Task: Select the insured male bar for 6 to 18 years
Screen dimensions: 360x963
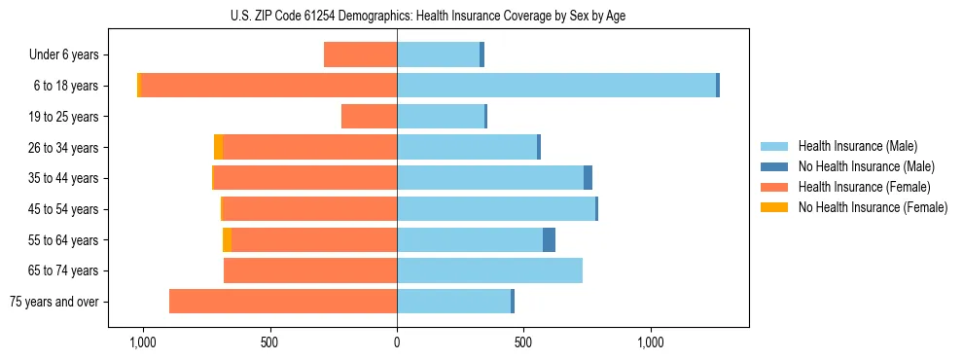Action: pos(556,86)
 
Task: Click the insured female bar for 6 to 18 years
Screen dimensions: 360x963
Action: pos(269,86)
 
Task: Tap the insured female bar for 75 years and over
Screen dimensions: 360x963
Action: pos(283,302)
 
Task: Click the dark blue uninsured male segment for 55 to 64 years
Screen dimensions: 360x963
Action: pos(549,240)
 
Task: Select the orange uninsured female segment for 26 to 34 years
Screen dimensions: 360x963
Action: pos(218,147)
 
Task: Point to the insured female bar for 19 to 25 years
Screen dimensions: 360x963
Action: pos(369,117)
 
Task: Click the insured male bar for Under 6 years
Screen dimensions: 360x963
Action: pos(438,54)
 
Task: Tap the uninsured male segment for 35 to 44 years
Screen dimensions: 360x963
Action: pos(588,178)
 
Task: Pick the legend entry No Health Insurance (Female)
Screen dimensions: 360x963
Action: pos(873,207)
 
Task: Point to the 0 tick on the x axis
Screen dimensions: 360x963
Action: pos(397,342)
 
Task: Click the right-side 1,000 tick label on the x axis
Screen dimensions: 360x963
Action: pos(651,342)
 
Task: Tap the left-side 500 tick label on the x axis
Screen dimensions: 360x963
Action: pos(269,342)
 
